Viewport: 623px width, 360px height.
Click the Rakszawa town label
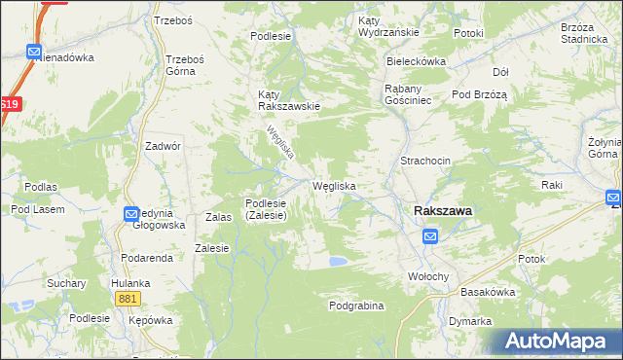tap(443, 209)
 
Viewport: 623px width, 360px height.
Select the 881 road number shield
tap(127, 299)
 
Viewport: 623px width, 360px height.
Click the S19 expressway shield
tap(9, 105)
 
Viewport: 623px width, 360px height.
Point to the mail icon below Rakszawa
tap(430, 235)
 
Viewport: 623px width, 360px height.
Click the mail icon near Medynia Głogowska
tap(132, 214)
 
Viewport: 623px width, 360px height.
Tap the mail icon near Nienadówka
tap(35, 53)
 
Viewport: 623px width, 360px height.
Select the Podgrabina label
tap(356, 306)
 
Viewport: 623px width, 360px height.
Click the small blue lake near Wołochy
tap(337, 261)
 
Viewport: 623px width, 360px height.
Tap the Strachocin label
tap(423, 161)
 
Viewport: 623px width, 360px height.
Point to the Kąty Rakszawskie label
tap(287, 100)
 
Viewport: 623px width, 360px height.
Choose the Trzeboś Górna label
tap(185, 64)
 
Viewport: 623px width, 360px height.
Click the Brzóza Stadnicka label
tap(583, 34)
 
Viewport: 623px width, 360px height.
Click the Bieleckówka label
tap(416, 61)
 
